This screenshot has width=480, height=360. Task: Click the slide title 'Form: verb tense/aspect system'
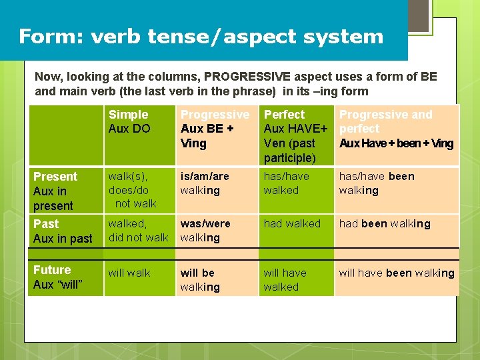[201, 36]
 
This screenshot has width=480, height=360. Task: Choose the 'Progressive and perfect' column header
[396, 129]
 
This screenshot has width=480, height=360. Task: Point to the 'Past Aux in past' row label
[63, 231]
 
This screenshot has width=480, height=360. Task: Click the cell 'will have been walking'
[397, 273]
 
